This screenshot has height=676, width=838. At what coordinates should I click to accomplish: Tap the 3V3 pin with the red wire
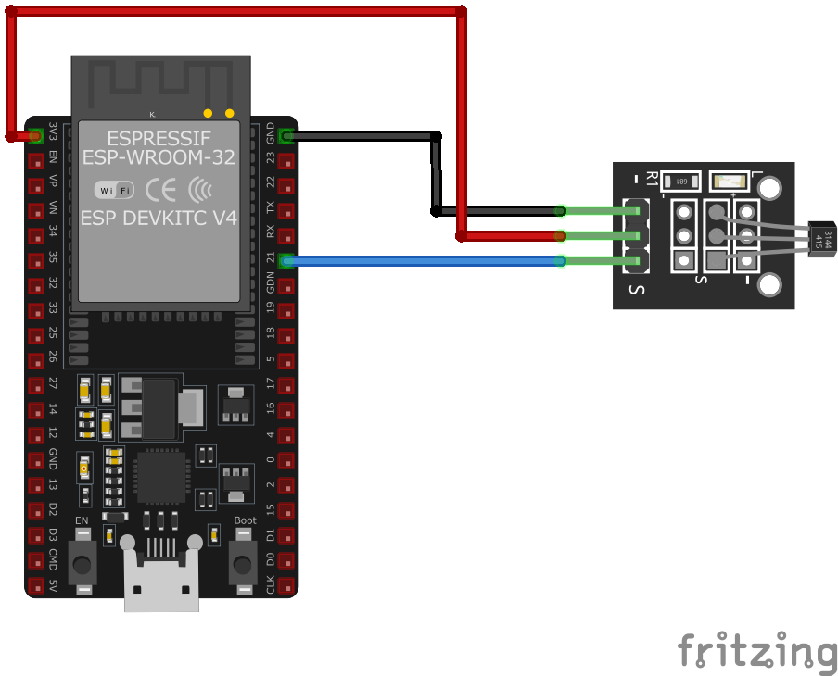36,135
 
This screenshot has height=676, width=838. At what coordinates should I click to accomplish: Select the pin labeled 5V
36,585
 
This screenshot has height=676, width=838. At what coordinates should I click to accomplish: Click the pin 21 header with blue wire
286,261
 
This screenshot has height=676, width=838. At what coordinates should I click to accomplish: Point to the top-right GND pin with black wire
286,136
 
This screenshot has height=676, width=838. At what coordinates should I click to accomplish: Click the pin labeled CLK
286,585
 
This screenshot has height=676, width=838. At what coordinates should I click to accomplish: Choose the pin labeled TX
286,211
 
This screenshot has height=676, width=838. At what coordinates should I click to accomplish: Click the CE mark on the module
161,190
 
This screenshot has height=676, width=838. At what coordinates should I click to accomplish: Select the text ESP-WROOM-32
159,157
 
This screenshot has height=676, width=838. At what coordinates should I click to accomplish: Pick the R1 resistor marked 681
679,181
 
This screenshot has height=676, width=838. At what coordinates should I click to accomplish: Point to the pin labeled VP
36,186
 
